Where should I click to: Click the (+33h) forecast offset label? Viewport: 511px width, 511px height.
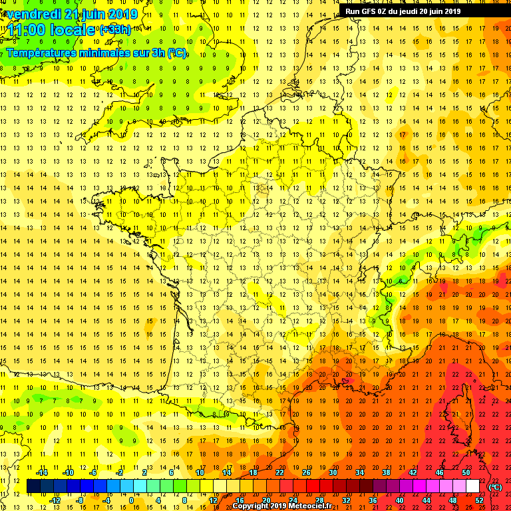point(114,31)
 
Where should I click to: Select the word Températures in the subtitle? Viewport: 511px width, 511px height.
point(43,53)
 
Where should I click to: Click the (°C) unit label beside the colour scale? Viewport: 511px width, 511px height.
point(496,486)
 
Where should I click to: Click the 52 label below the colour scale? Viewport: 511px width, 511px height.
point(479,500)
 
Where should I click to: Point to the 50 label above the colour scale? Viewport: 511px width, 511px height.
point(466,472)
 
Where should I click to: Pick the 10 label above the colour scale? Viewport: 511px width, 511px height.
point(200,472)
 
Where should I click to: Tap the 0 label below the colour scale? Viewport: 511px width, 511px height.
point(131,500)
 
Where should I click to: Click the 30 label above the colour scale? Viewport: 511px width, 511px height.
point(333,472)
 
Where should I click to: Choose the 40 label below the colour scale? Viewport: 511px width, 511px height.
point(399,500)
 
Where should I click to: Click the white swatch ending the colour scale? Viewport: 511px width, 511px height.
point(472,486)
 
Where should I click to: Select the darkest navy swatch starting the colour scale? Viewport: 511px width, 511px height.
point(33,486)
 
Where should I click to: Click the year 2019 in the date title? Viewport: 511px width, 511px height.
point(123,14)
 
